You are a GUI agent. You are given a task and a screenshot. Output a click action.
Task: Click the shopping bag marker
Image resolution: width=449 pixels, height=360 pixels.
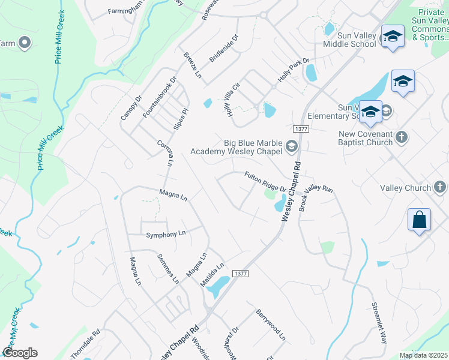click(x=419, y=220)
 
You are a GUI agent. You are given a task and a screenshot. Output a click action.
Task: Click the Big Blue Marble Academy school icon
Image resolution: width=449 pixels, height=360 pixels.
click(x=291, y=146)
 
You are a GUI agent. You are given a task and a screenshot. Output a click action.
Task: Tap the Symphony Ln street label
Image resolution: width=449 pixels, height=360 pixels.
click(x=166, y=234)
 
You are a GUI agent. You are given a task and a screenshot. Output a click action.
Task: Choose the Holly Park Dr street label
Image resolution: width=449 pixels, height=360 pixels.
click(x=293, y=70)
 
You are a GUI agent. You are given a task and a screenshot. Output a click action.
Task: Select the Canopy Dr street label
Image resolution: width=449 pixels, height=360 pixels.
click(x=131, y=107)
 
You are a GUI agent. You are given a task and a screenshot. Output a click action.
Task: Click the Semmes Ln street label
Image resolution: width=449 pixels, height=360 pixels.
click(x=168, y=268)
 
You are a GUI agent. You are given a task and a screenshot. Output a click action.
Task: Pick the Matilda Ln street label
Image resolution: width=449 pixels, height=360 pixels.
click(x=212, y=273)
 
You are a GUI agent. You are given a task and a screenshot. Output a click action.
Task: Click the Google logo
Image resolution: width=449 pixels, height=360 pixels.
click(x=20, y=353)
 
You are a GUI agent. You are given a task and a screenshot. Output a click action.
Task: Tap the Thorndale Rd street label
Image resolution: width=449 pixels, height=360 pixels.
click(x=85, y=344)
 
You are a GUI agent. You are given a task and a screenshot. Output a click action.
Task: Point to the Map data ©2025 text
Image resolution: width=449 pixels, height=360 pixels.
click(x=424, y=355)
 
